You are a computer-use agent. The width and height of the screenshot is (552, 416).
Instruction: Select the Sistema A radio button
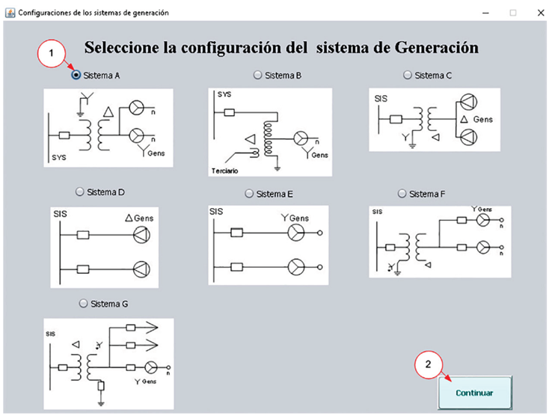(76, 75)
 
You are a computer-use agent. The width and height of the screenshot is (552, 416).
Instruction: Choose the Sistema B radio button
(258, 75)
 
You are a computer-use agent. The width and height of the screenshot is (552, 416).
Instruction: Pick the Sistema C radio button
(408, 75)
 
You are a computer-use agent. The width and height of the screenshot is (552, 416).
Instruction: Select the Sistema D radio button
(80, 192)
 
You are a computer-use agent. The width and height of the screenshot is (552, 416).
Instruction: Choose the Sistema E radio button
(250, 193)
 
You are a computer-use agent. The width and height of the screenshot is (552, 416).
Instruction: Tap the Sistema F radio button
(402, 193)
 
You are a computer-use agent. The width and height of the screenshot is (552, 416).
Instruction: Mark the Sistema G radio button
(83, 304)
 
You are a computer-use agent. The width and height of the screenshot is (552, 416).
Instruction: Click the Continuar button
(474, 392)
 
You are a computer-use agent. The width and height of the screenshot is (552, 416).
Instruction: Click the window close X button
(540, 13)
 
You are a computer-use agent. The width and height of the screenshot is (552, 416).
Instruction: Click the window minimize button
(487, 13)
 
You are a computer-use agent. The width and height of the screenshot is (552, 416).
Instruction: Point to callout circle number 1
(51, 54)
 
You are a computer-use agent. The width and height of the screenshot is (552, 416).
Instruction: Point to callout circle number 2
(428, 365)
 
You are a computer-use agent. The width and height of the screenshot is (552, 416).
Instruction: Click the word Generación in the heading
(438, 48)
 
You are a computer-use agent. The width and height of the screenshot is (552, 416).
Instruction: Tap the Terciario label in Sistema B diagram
(226, 171)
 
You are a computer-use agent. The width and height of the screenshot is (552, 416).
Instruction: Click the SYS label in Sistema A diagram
(60, 158)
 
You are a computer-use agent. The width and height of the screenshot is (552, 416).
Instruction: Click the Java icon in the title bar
(10, 13)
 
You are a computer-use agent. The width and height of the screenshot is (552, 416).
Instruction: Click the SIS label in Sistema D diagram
(61, 214)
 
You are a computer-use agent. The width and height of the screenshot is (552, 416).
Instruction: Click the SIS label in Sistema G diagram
(51, 333)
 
